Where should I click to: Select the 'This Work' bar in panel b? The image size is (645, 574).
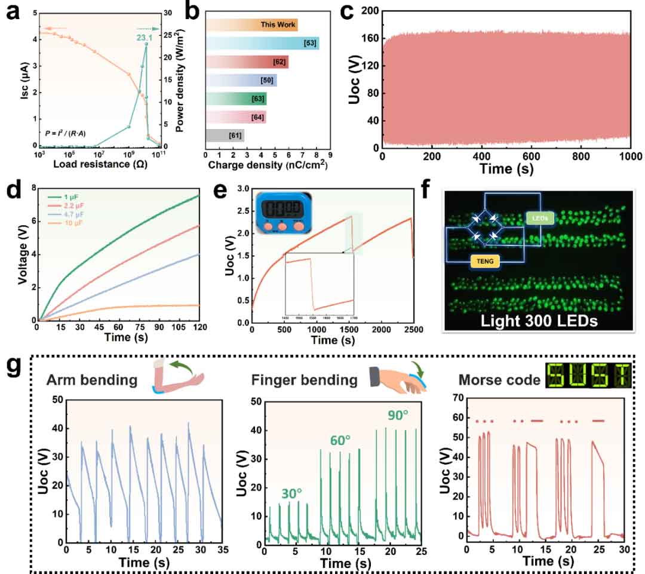click(x=251, y=25)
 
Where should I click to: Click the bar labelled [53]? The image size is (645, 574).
click(x=262, y=44)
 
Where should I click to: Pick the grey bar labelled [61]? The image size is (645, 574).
click(x=225, y=136)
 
